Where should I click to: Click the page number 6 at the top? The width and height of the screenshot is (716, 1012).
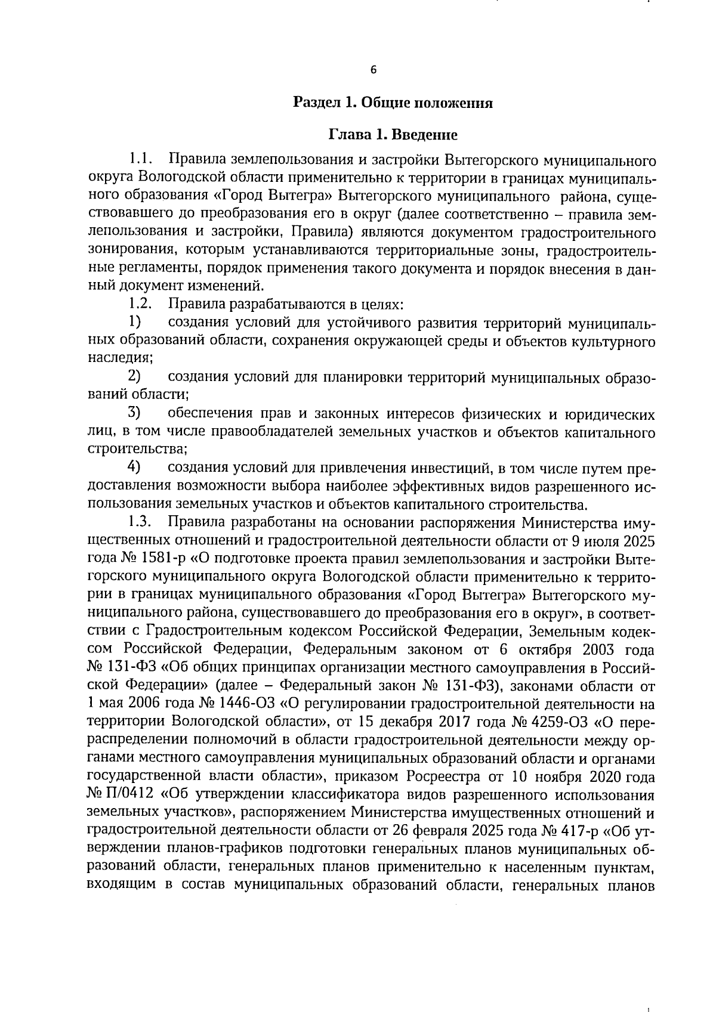point(374,70)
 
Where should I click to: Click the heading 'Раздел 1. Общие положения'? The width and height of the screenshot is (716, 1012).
point(393,103)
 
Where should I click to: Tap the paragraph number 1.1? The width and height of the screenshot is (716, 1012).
point(141,160)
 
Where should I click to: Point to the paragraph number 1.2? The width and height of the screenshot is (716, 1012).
point(141,305)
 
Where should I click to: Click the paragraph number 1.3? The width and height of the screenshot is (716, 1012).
point(141,522)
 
